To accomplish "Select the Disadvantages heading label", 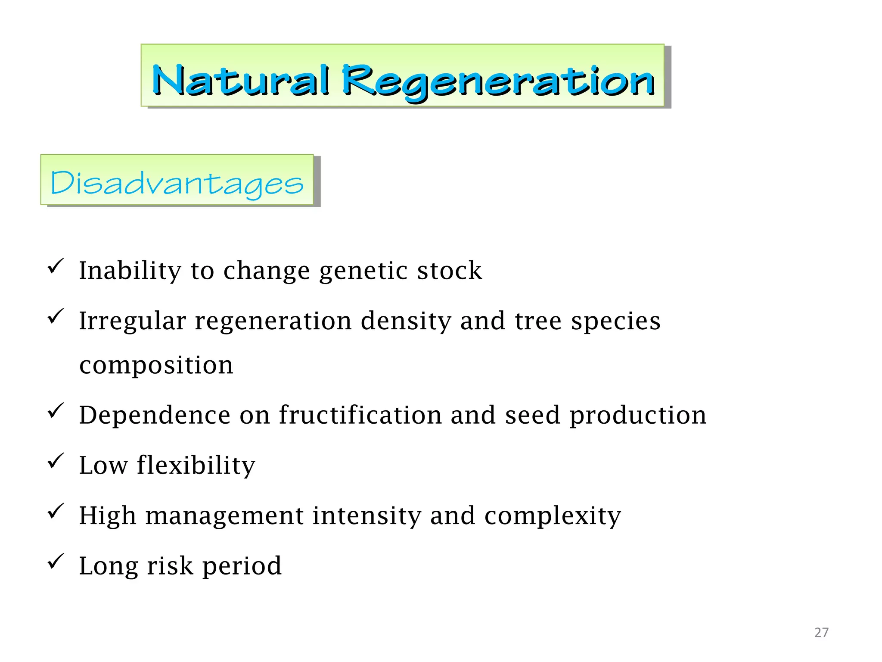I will click(x=177, y=183).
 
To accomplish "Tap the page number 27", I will click(x=821, y=632).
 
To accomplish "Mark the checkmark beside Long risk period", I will click(x=56, y=561).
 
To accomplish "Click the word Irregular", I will click(x=132, y=322).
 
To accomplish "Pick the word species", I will click(x=615, y=322).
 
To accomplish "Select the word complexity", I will click(x=553, y=516).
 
